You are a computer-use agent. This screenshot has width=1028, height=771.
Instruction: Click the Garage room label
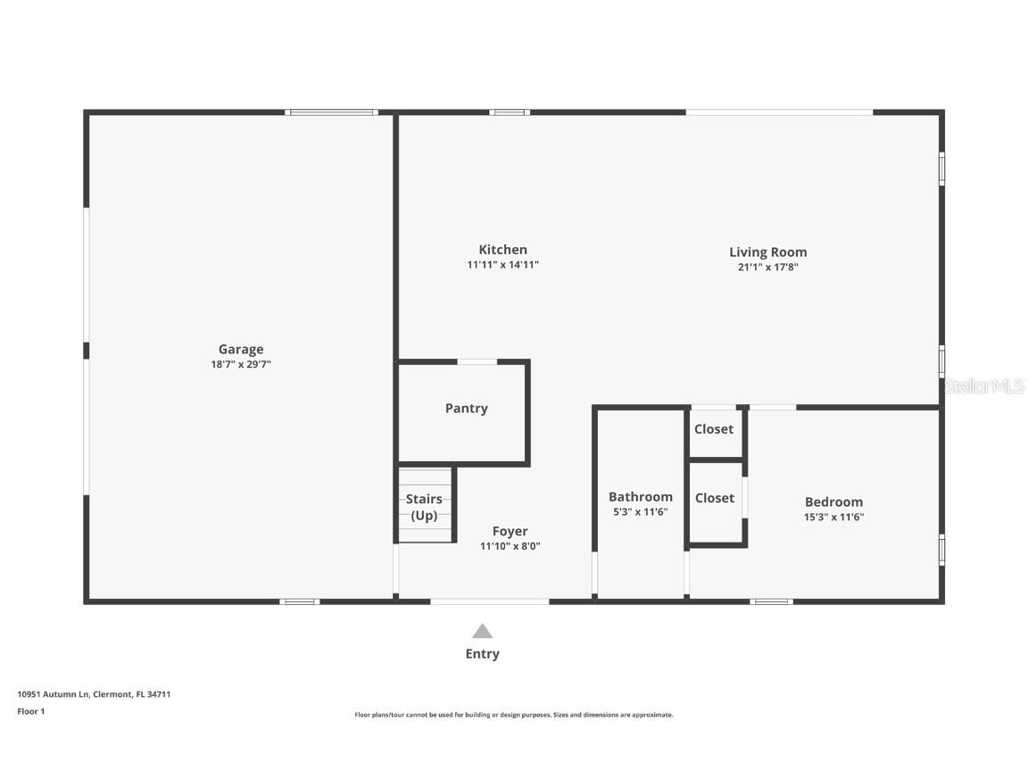click(x=241, y=349)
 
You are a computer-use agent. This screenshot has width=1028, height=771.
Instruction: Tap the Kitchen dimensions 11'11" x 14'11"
click(x=502, y=265)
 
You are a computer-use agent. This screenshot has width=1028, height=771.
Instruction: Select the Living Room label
click(x=767, y=252)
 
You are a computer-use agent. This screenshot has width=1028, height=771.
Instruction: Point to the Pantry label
click(x=466, y=409)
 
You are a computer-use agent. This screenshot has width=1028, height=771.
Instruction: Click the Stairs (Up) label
click(x=424, y=507)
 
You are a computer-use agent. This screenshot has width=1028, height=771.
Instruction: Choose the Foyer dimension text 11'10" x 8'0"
click(x=510, y=546)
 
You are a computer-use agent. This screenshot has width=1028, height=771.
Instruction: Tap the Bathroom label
click(x=640, y=497)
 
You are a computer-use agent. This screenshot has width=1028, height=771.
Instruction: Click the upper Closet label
click(x=714, y=429)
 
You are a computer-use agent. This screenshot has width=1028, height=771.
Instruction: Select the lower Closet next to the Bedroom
click(x=714, y=498)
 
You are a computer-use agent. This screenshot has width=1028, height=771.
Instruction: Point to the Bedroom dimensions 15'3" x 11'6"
click(x=833, y=517)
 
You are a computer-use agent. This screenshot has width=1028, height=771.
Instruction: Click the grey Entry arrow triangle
click(x=482, y=631)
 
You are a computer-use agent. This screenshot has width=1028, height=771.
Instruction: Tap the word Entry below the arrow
click(x=482, y=654)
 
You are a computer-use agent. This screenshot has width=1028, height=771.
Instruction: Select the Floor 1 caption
click(x=30, y=711)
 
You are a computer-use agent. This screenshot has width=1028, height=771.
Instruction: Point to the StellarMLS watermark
click(x=984, y=386)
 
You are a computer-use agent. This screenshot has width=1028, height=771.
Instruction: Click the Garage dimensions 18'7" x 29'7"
click(x=241, y=364)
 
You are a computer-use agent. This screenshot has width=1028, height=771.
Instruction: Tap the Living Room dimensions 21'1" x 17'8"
click(x=767, y=266)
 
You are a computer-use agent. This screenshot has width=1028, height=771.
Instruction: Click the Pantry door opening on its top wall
click(x=477, y=361)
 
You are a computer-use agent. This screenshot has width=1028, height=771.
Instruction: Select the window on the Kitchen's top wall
click(x=510, y=112)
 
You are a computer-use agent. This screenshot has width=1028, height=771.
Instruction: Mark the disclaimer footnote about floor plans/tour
click(x=514, y=715)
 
